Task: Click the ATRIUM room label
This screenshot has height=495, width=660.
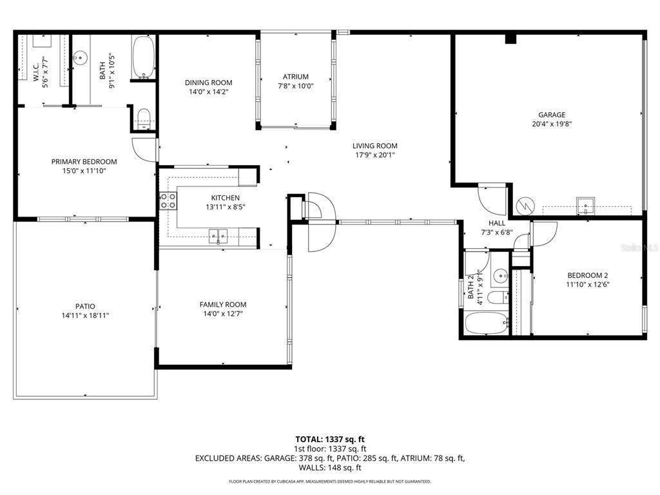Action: click(x=295, y=77)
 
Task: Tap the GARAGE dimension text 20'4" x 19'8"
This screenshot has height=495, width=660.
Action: click(x=552, y=124)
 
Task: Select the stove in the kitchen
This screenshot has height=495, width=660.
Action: click(x=168, y=201)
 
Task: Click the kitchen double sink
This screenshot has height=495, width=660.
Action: click(x=218, y=236)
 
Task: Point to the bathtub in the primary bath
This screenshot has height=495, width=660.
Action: click(x=144, y=57)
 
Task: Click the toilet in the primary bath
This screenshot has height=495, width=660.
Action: click(x=144, y=119)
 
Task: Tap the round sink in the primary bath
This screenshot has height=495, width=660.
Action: click(x=80, y=57)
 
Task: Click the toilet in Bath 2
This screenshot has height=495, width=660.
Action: click(x=498, y=297)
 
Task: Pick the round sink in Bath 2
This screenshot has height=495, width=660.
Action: click(x=501, y=276)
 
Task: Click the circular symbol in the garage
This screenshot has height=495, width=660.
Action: click(x=525, y=206)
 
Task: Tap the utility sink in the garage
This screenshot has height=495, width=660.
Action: click(x=586, y=206)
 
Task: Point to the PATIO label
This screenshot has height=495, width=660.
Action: click(x=85, y=306)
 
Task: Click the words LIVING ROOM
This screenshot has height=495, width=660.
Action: click(x=374, y=146)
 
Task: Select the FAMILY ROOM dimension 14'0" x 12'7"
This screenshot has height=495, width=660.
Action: click(x=222, y=314)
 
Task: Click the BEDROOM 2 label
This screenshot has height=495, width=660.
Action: click(x=588, y=275)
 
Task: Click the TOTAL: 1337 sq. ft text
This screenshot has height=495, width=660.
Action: click(x=330, y=440)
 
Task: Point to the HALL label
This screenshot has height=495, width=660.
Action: click(x=497, y=222)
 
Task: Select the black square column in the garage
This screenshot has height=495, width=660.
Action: click(x=510, y=39)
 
